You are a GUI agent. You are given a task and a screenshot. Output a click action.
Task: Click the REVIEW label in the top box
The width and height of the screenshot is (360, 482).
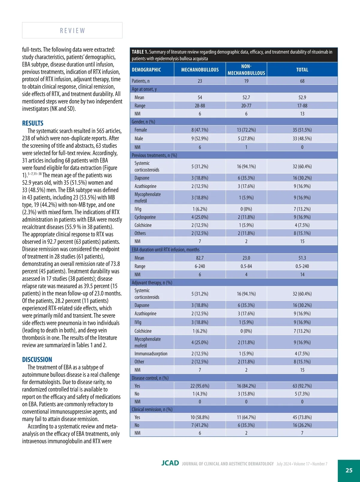tap(72, 31)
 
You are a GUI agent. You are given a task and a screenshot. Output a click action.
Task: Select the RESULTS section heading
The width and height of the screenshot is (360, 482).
tap(33, 123)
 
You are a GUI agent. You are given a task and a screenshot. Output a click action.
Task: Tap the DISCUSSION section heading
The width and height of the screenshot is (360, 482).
tap(37, 360)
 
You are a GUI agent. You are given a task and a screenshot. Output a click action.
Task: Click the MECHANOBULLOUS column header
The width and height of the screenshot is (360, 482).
tap(200, 70)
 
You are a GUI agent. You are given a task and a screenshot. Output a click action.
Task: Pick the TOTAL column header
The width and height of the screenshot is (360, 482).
tap(302, 70)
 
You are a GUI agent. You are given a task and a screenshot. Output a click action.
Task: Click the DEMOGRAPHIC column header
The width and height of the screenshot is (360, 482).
tap(146, 70)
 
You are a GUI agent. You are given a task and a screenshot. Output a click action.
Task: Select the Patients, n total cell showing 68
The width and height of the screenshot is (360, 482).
tap(302, 81)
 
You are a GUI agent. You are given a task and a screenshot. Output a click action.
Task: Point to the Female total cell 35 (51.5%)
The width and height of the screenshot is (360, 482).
tap(302, 130)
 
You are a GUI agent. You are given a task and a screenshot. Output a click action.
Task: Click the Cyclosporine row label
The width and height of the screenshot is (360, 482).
tap(145, 217)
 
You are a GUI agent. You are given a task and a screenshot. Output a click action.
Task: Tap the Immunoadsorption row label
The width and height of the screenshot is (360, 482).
tap(151, 354)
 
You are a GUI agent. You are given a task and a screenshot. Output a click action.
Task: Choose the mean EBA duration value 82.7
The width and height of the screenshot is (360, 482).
tap(200, 258)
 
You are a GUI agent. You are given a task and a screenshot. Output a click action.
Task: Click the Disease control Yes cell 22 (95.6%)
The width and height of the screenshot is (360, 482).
tap(200, 386)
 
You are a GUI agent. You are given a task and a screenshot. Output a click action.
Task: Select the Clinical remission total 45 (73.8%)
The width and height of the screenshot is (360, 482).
tap(302, 417)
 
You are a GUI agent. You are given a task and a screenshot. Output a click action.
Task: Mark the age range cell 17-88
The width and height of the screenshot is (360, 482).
tap(302, 106)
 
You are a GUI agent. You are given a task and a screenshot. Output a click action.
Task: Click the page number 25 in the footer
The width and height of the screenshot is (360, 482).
tap(349, 470)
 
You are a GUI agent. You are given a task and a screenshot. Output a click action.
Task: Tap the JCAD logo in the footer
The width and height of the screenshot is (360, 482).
tap(170, 463)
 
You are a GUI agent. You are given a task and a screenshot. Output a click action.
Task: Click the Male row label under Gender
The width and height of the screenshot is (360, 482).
tap(139, 138)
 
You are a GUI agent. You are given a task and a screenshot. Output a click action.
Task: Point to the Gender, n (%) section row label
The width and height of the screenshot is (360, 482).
tap(143, 122)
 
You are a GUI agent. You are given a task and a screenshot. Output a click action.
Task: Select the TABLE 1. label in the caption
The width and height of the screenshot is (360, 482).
tap(140, 52)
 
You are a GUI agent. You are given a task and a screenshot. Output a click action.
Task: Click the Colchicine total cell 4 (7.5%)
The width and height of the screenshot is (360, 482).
tap(302, 225)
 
